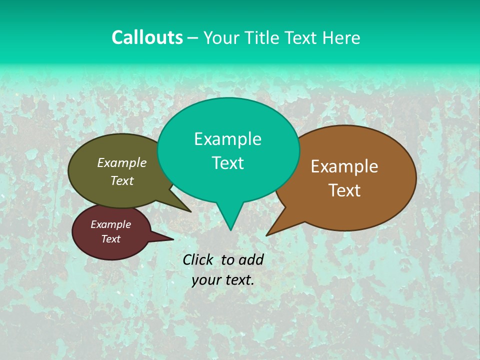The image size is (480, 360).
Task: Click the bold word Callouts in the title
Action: point(147,37)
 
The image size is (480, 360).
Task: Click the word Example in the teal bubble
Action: point(227,139)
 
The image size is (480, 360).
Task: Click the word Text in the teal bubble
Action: point(227,163)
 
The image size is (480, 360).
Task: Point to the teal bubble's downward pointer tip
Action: point(230,230)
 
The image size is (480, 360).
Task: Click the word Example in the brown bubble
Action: point(344,166)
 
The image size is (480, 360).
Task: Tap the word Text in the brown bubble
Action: point(344,190)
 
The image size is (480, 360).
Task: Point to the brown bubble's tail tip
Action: point(266,235)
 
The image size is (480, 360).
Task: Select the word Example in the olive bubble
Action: point(121,162)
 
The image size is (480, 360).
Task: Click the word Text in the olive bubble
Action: point(121,180)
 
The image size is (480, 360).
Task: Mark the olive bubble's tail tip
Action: point(191,212)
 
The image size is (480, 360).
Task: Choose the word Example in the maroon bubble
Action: point(110,224)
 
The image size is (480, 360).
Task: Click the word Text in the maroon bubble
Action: point(110,239)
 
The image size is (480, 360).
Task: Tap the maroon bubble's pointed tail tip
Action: point(173,239)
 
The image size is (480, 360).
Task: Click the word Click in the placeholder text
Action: point(197,259)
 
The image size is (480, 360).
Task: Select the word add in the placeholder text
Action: point(250,259)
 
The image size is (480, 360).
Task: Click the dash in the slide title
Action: point(193,38)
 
